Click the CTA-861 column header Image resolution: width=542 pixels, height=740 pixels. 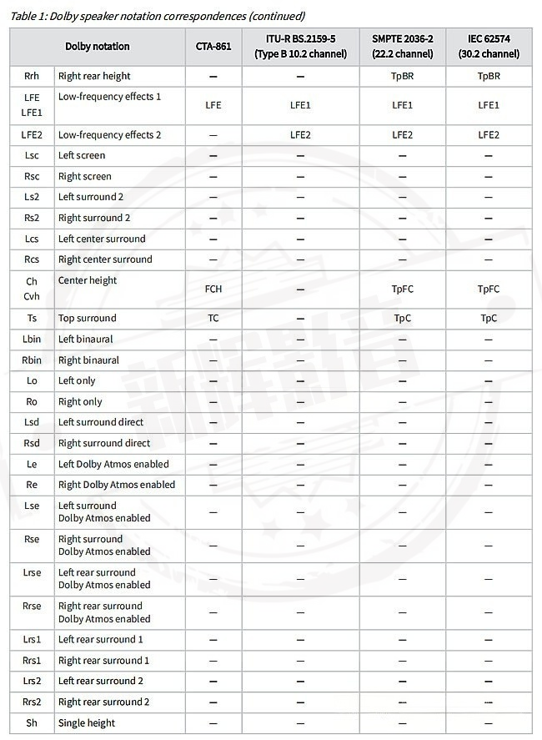pos(213,47)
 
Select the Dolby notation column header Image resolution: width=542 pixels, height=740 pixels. pos(98,47)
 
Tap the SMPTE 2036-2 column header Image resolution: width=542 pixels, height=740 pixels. pos(402,47)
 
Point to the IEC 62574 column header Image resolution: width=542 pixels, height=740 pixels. pos(489,47)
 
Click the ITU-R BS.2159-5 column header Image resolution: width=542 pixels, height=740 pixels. pos(300,47)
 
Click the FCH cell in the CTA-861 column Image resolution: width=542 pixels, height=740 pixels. pos(213,289)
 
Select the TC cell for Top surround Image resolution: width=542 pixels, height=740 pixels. pos(213,319)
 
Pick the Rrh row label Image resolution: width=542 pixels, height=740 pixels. pos(32,76)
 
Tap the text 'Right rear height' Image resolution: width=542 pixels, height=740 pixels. pos(94,76)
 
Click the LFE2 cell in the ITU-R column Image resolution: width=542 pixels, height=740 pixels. pos(300,135)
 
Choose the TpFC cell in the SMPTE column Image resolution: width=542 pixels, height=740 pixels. pos(402,289)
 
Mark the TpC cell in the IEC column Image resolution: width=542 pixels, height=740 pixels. pos(489,319)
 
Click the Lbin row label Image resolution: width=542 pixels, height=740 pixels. pos(32,340)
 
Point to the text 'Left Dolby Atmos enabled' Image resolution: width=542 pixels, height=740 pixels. pos(113,465)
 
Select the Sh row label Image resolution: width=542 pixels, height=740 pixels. pos(32,723)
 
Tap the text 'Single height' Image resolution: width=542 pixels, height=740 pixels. pos(87,723)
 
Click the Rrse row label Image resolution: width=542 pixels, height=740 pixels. pos(32,607)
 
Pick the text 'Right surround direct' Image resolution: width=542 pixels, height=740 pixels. pos(104,444)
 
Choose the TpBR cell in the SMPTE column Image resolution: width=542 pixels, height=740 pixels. pos(402,76)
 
